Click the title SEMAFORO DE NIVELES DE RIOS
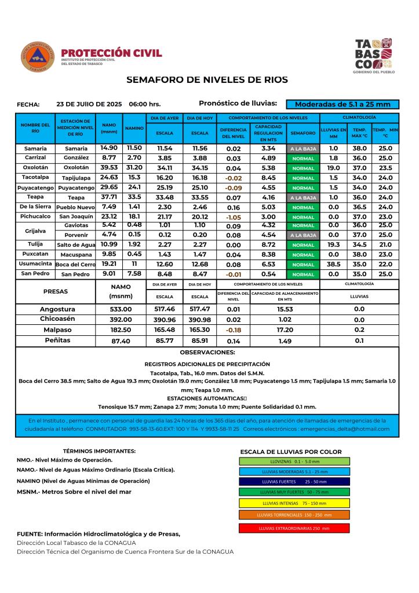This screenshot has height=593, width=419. point(206,80)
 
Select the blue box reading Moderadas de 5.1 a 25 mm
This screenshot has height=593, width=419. point(343,104)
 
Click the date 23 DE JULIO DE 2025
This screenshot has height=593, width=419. point(89,104)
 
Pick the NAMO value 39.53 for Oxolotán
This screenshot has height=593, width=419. point(109,167)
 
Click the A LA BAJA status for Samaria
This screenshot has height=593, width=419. point(303,149)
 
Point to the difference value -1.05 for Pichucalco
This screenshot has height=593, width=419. point(234,217)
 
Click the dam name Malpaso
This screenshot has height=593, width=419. point(57,330)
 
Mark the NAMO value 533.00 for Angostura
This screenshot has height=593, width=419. point(121,309)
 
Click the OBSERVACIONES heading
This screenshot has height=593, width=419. point(207,352)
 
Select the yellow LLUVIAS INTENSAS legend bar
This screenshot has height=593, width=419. point(294,503)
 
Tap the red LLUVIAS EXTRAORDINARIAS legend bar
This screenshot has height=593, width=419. point(294,529)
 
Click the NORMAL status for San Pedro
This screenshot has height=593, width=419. point(303,274)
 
